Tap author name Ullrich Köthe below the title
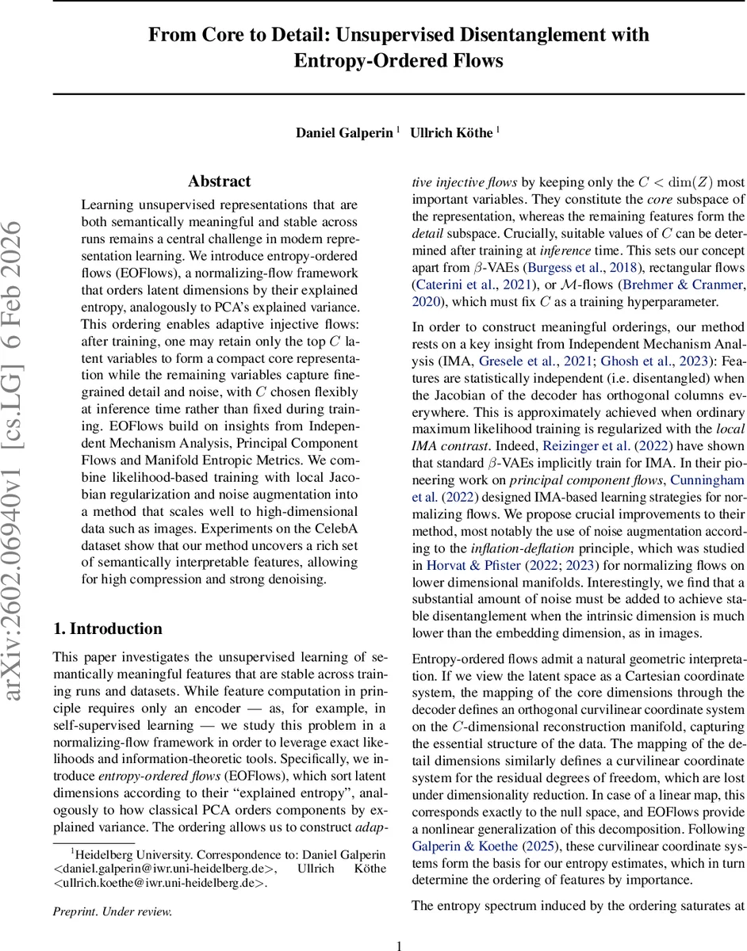[451, 132]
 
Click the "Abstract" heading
[220, 181]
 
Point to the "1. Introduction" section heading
[107, 607]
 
